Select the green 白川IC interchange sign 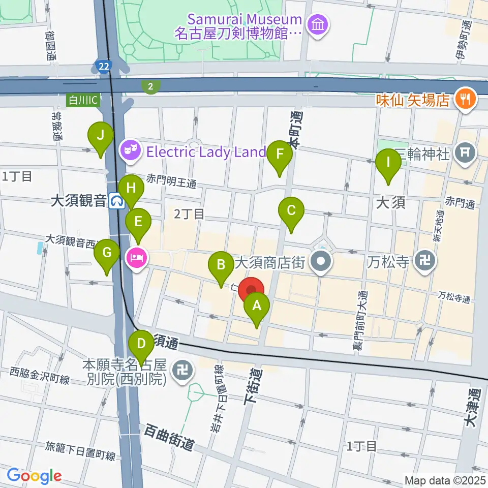click(x=84, y=100)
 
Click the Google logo click(x=34, y=476)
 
